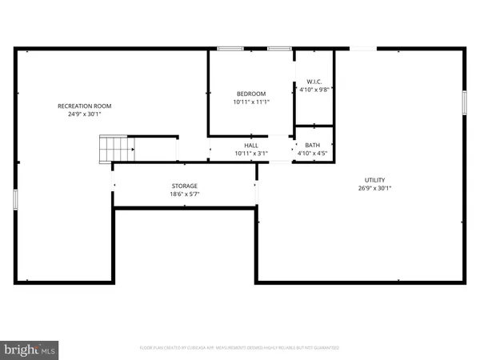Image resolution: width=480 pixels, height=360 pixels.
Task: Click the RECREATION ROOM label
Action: click(x=84, y=106)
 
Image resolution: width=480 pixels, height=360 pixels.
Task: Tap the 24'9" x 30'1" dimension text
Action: click(x=84, y=114)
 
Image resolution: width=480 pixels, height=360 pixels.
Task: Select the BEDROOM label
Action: click(x=251, y=94)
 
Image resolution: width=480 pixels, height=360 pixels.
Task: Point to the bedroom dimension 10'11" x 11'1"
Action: click(x=251, y=102)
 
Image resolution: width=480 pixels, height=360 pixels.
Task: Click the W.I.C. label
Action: click(x=314, y=82)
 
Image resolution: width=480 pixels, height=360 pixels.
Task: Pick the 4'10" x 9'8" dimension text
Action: click(x=314, y=90)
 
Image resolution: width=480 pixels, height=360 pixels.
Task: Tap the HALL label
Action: click(x=251, y=145)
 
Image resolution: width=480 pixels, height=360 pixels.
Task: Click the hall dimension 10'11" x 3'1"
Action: click(x=251, y=153)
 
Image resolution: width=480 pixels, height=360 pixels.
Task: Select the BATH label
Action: click(x=312, y=145)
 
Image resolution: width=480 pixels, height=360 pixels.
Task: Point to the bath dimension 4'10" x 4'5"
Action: click(x=312, y=153)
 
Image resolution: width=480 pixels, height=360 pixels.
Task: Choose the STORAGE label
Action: click(x=184, y=186)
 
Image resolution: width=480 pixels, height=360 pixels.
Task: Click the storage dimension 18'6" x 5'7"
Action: click(x=184, y=194)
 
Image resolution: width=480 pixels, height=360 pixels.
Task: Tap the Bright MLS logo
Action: click(x=30, y=349)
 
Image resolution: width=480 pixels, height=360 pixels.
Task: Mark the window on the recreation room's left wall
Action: click(x=15, y=199)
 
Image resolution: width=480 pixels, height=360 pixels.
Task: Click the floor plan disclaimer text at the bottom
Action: click(x=240, y=348)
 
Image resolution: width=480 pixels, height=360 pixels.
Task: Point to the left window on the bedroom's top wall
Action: click(x=230, y=49)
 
